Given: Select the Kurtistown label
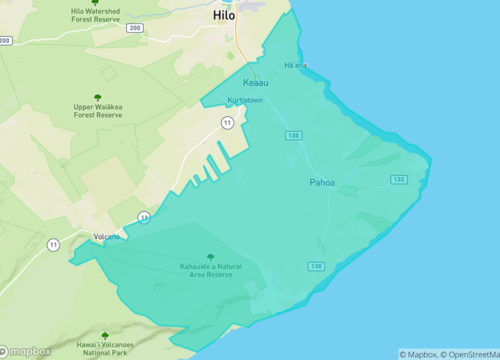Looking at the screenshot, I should tap(246, 101).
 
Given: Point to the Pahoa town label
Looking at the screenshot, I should tap(323, 183).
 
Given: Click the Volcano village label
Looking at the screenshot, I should tap(106, 237).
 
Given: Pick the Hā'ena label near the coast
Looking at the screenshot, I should tap(295, 66).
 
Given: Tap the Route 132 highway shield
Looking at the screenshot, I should tap(399, 179).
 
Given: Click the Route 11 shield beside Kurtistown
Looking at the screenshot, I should tap(228, 122).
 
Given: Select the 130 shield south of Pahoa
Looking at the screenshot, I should tap(316, 265).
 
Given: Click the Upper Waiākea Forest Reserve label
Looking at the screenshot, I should tap(98, 111).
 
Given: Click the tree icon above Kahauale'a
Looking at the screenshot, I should tap(209, 256).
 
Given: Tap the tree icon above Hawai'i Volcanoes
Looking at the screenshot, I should tap(105, 336).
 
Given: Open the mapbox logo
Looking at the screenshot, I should tap(27, 351).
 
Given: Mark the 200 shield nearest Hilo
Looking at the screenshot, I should tap(135, 28).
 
